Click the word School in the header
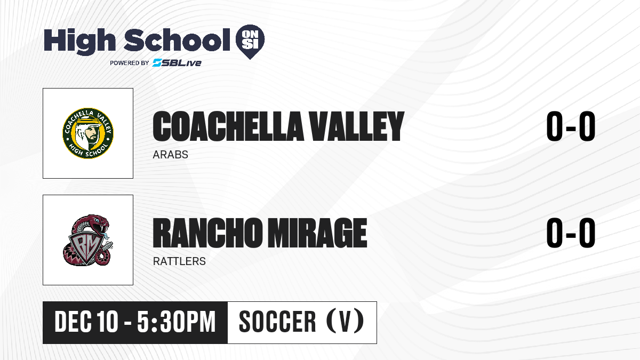click(x=177, y=40)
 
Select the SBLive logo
click(x=177, y=63)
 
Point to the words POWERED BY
click(x=130, y=63)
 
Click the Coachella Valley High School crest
click(x=88, y=133)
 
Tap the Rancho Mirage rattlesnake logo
click(x=88, y=240)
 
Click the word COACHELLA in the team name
click(x=228, y=126)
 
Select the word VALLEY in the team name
click(x=357, y=126)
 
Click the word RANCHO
click(x=207, y=233)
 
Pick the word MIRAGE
click(x=317, y=233)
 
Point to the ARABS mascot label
click(x=170, y=155)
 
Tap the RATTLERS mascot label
click(x=179, y=261)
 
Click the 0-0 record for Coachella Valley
click(x=571, y=126)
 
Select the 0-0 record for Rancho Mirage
click(x=571, y=233)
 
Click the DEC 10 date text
click(x=86, y=322)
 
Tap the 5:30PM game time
click(x=177, y=322)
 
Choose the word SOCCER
click(x=277, y=322)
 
